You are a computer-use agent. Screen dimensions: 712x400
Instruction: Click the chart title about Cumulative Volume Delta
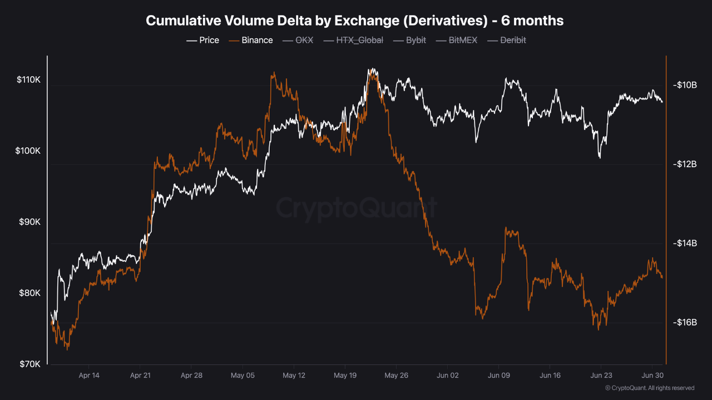click(x=355, y=21)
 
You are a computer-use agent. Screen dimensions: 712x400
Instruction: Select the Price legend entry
click(x=203, y=40)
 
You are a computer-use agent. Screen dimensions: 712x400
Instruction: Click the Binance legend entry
click(x=251, y=40)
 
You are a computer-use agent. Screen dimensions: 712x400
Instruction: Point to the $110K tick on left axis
click(x=29, y=80)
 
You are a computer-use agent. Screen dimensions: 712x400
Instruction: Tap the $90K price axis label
click(x=29, y=222)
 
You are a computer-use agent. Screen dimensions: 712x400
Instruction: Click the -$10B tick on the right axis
click(x=685, y=85)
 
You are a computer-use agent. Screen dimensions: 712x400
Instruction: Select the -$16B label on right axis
click(x=685, y=323)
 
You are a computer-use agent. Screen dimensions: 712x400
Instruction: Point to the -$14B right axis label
click(x=685, y=243)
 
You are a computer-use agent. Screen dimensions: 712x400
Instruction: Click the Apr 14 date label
click(x=89, y=376)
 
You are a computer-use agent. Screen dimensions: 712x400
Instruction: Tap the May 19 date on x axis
click(x=345, y=376)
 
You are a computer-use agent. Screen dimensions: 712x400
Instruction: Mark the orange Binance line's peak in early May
click(x=273, y=73)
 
